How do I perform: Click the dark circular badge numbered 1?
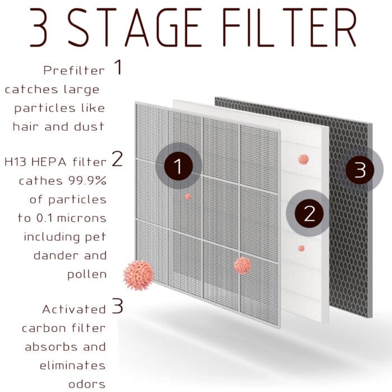(x=178, y=166)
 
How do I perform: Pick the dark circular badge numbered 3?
(x=360, y=170)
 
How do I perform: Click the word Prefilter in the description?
(x=73, y=71)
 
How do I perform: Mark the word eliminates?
(x=72, y=365)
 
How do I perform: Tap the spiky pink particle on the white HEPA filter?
(x=303, y=160)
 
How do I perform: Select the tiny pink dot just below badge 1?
(x=188, y=197)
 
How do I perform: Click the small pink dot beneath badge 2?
(x=301, y=248)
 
